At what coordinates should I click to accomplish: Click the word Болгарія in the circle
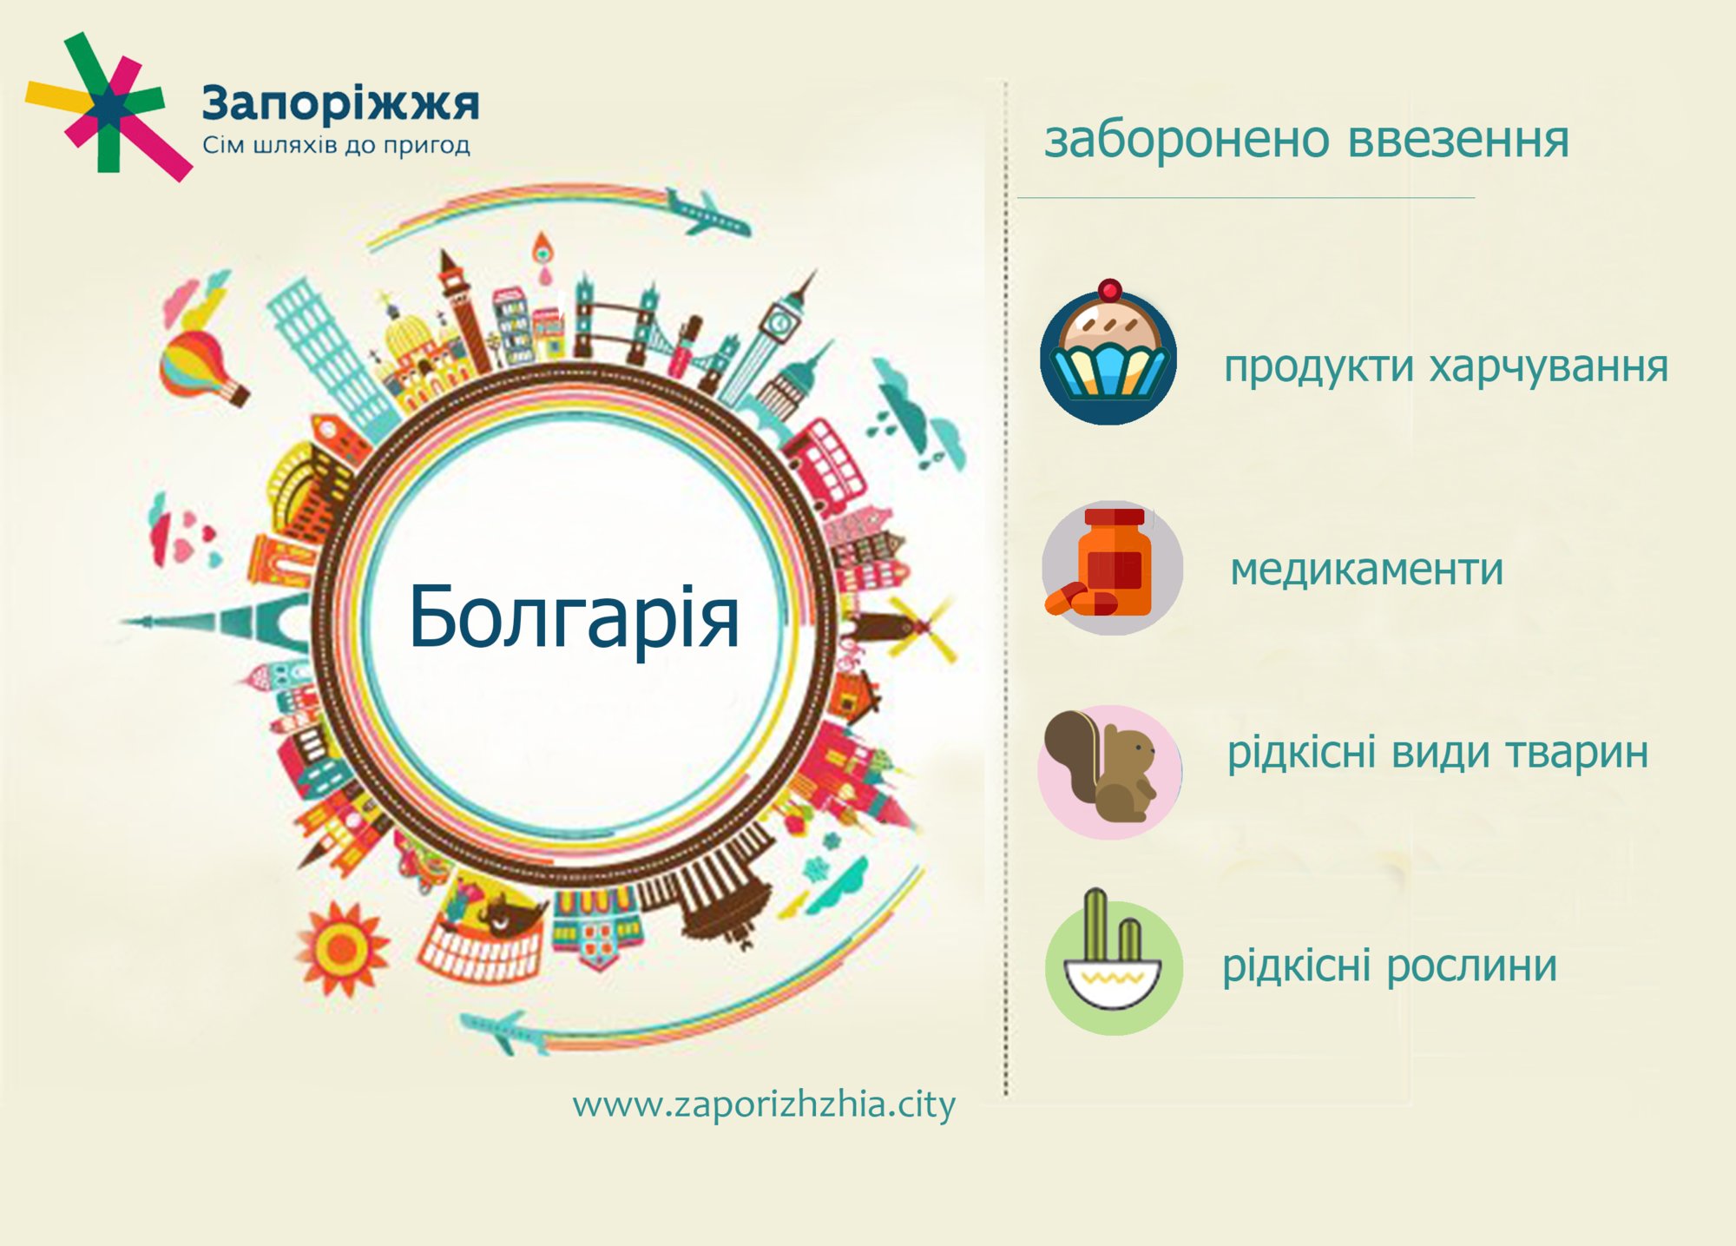point(574,616)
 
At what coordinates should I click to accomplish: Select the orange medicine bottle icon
point(1112,567)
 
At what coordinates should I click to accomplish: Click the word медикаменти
point(1366,570)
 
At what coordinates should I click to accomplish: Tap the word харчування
point(1548,367)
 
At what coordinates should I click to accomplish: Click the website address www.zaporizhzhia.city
point(763,1105)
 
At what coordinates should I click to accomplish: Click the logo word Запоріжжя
point(339,104)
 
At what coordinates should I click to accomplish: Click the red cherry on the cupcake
point(1109,290)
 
